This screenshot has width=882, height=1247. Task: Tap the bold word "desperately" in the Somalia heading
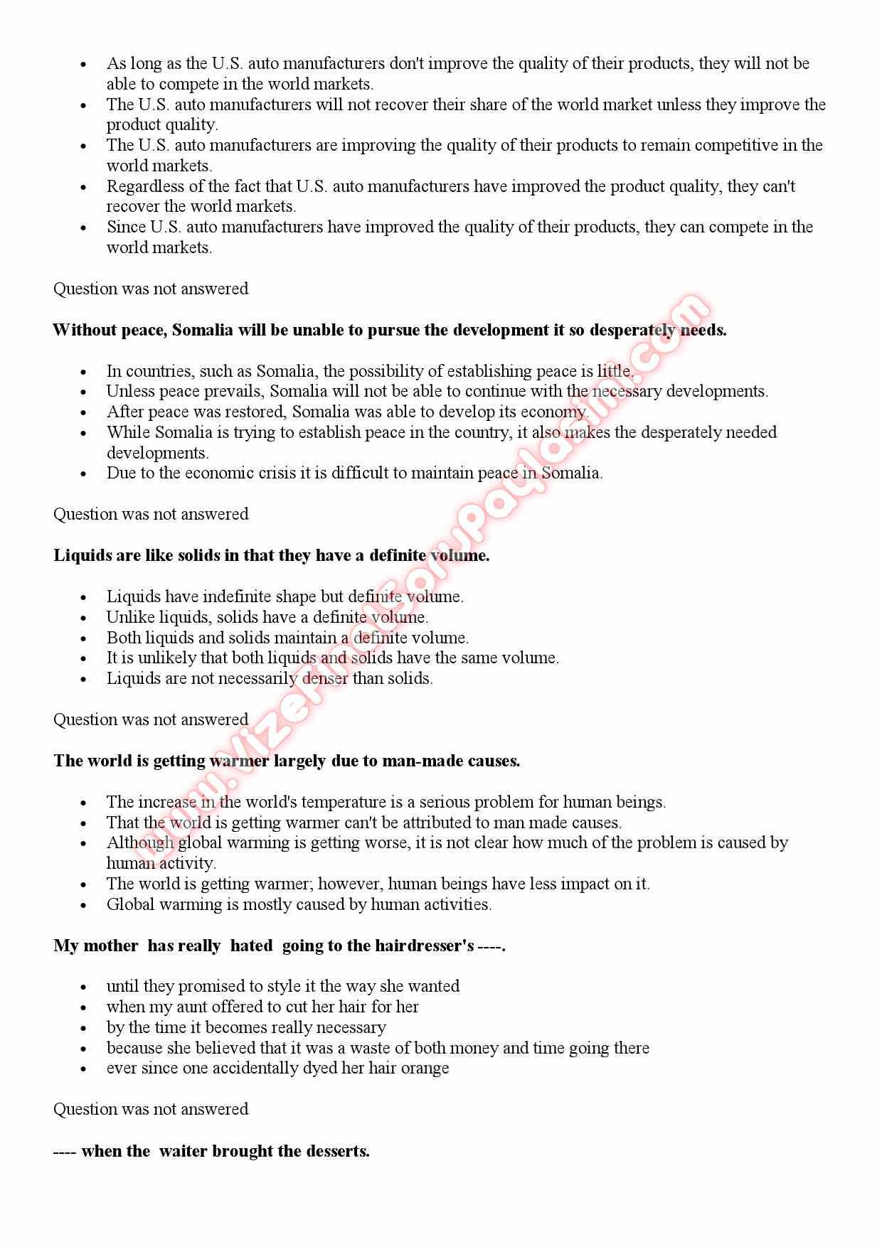tap(632, 331)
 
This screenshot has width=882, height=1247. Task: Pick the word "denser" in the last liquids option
tap(325, 679)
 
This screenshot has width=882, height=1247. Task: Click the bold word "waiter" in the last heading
tap(183, 1152)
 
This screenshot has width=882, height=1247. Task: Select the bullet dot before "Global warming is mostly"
tap(83, 906)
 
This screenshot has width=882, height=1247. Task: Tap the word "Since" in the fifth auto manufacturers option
tap(126, 228)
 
